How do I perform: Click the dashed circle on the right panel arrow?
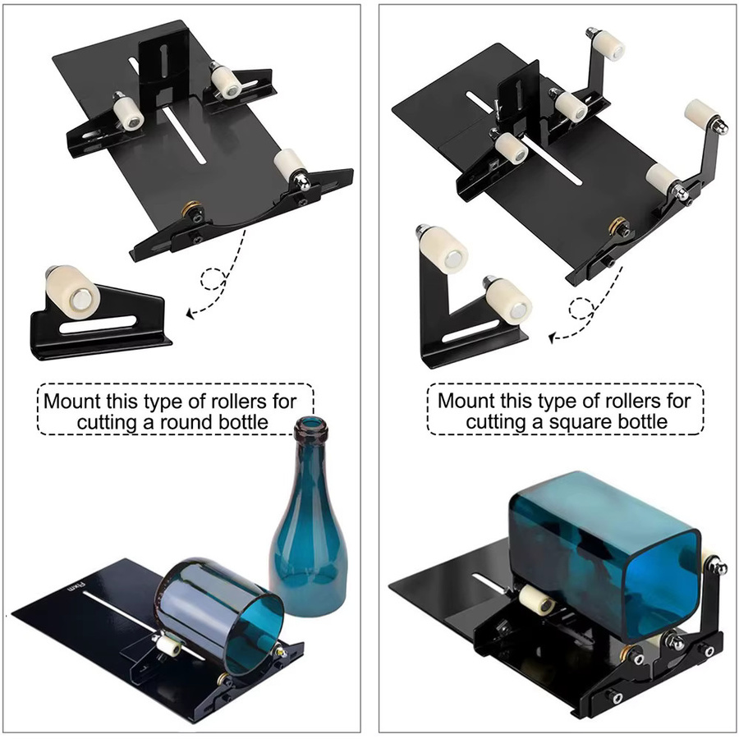pyautogui.click(x=581, y=310)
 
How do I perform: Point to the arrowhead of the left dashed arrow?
pyautogui.click(x=190, y=313)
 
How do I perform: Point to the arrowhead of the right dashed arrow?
pyautogui.click(x=553, y=337)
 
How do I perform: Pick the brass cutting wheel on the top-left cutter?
pyautogui.click(x=191, y=207)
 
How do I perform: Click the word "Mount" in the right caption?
pyautogui.click(x=466, y=401)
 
